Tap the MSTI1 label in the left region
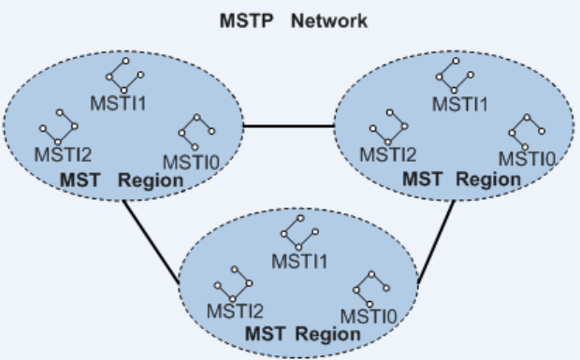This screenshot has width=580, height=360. [117, 102]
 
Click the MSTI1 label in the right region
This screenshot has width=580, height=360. [459, 103]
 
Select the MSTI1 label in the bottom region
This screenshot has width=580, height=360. [299, 259]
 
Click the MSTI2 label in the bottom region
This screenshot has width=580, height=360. [235, 310]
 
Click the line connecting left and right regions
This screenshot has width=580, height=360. [289, 127]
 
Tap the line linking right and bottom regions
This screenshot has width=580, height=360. [437, 242]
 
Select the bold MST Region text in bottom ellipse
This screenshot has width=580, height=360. [301, 333]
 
